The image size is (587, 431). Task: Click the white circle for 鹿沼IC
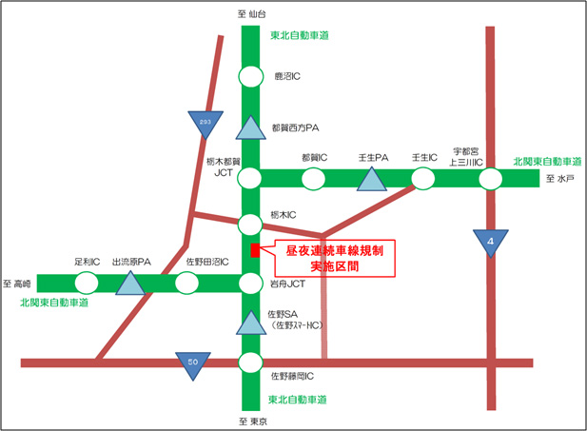(250, 76)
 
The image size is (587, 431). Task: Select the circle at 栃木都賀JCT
(250, 178)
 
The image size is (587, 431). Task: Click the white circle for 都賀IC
(313, 178)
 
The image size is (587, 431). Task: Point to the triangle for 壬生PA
(370, 176)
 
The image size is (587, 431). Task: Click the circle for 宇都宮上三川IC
(491, 178)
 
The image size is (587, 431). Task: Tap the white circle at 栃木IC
(250, 225)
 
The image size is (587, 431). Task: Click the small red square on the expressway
(254, 250)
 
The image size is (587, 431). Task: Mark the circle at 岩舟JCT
(250, 283)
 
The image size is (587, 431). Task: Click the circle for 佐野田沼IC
(187, 283)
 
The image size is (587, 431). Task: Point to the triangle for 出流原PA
(130, 282)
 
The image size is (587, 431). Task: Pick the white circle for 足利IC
(86, 283)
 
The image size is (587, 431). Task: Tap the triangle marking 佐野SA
(250, 323)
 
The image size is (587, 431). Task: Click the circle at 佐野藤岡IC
(250, 362)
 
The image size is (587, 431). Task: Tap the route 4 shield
(491, 242)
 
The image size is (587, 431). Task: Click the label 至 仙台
(248, 13)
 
